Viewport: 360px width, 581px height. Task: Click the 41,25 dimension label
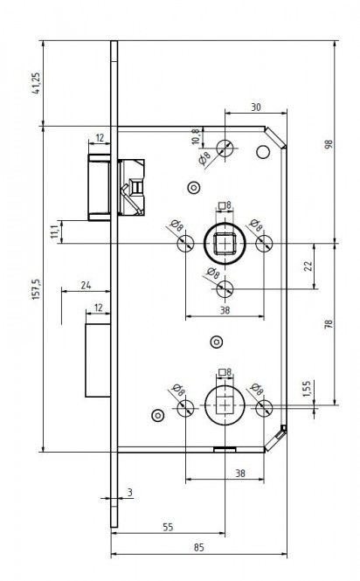pos(36,83)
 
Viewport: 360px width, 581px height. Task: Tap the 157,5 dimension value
pos(36,289)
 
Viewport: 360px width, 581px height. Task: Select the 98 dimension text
pos(329,144)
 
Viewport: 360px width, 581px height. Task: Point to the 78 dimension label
pos(329,324)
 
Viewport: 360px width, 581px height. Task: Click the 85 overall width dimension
pos(198,547)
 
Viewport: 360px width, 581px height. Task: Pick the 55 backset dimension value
pos(168,527)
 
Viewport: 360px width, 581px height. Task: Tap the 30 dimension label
pos(256,107)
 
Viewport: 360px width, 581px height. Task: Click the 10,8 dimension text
pos(196,136)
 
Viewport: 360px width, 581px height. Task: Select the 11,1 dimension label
pos(54,232)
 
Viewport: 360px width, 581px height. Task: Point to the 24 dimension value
pos(86,286)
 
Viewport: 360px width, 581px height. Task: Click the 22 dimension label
pos(308,266)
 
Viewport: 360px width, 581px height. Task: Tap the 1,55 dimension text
pos(307,389)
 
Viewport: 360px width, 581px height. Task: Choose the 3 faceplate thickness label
pos(130,493)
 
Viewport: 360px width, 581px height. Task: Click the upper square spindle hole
pos(225,244)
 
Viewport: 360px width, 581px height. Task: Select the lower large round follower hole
pos(225,405)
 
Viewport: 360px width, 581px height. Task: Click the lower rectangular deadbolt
pos(98,361)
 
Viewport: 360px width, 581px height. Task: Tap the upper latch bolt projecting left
pos(100,188)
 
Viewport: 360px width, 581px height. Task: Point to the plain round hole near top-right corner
pos(263,151)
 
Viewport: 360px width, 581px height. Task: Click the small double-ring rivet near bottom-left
pos(158,416)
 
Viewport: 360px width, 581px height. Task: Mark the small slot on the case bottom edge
pos(225,450)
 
